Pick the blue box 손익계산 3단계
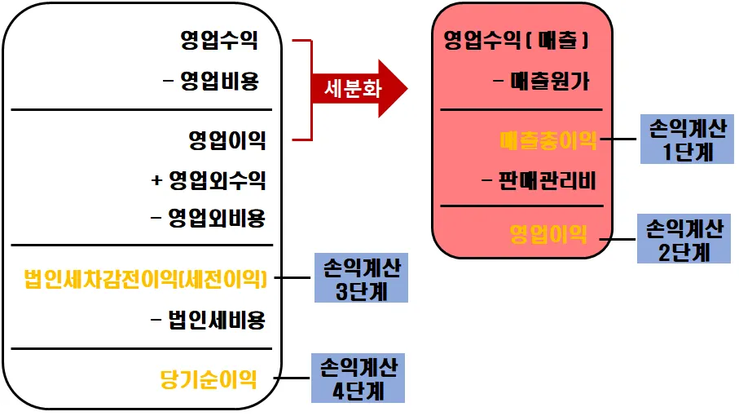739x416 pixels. point(361,278)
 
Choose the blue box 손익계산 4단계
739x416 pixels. point(358,378)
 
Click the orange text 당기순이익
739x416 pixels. point(209,379)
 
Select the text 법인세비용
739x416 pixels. point(209,320)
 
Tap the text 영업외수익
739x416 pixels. point(209,180)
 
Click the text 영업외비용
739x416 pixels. point(209,219)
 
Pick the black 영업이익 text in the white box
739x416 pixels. point(227,140)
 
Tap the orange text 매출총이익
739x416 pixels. point(548,140)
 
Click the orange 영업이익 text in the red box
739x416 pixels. point(548,235)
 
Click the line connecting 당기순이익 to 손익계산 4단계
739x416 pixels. point(292,379)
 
